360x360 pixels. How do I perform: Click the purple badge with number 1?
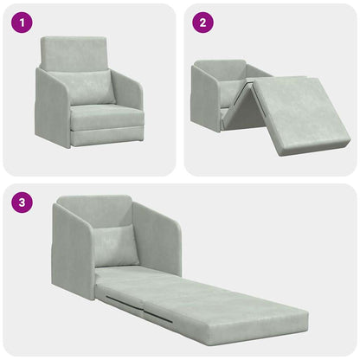point(22,23)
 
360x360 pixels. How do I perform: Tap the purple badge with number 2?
point(202,23)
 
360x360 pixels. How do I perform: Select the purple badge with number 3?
point(22,204)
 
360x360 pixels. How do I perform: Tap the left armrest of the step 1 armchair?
point(51,108)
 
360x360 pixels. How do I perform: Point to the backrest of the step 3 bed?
point(94,213)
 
